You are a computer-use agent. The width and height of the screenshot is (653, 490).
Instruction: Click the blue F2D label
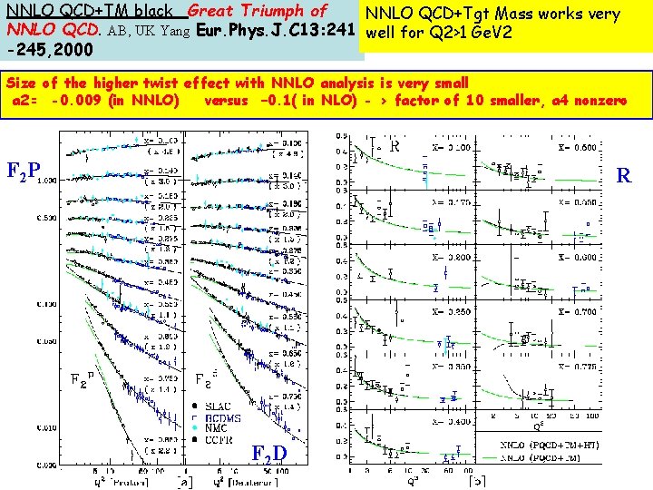click(270, 453)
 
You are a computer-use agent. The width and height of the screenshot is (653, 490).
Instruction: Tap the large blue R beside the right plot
click(624, 175)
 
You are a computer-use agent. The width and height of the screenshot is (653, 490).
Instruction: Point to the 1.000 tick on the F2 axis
click(45, 181)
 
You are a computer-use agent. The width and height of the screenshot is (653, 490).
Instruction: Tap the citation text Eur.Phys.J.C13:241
click(273, 29)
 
